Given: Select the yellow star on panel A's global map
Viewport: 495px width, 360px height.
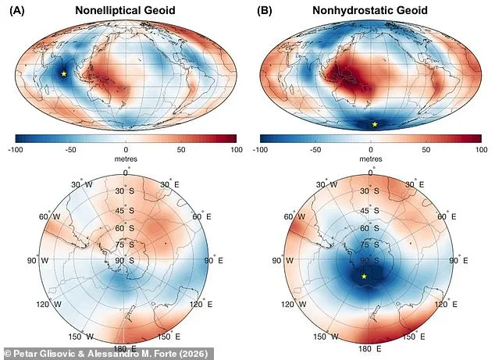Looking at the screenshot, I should (64, 74).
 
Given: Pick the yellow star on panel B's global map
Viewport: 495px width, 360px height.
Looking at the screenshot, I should (375, 124).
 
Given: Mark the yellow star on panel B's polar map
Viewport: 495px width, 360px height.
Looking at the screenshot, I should (364, 276).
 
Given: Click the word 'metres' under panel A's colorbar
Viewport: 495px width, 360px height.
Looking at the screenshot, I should (125, 157).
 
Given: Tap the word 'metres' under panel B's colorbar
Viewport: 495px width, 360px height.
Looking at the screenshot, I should (370, 157).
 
